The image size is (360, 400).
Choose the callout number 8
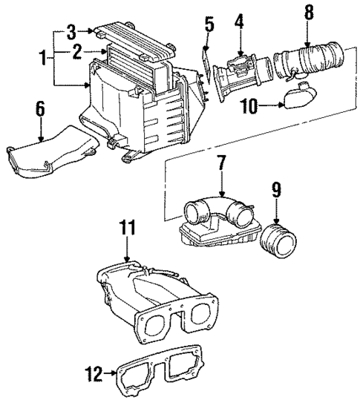click(309, 12)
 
